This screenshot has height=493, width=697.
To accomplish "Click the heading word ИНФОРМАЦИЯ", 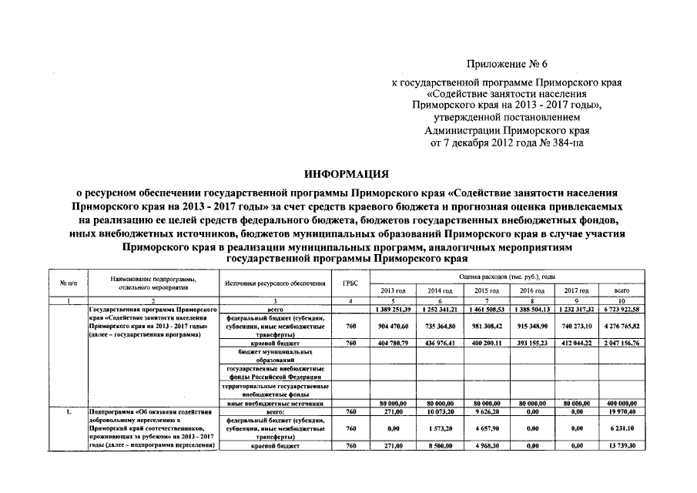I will (347, 175).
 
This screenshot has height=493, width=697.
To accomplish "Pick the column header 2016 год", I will (532, 290).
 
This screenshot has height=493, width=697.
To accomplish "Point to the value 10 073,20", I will (440, 411).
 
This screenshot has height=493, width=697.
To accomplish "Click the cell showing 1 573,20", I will (440, 428).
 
